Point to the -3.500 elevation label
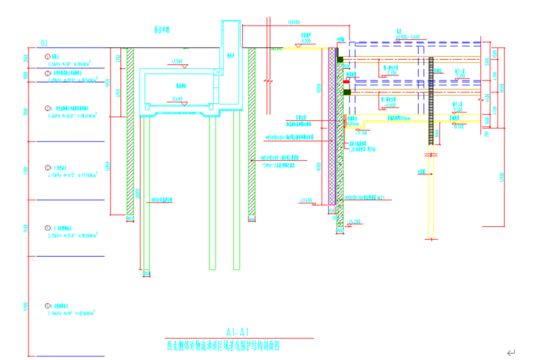(x=178, y=62)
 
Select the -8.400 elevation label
(x=174, y=98)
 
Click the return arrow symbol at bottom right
(x=510, y=352)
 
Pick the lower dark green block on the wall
(x=346, y=91)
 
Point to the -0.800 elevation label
(x=305, y=41)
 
